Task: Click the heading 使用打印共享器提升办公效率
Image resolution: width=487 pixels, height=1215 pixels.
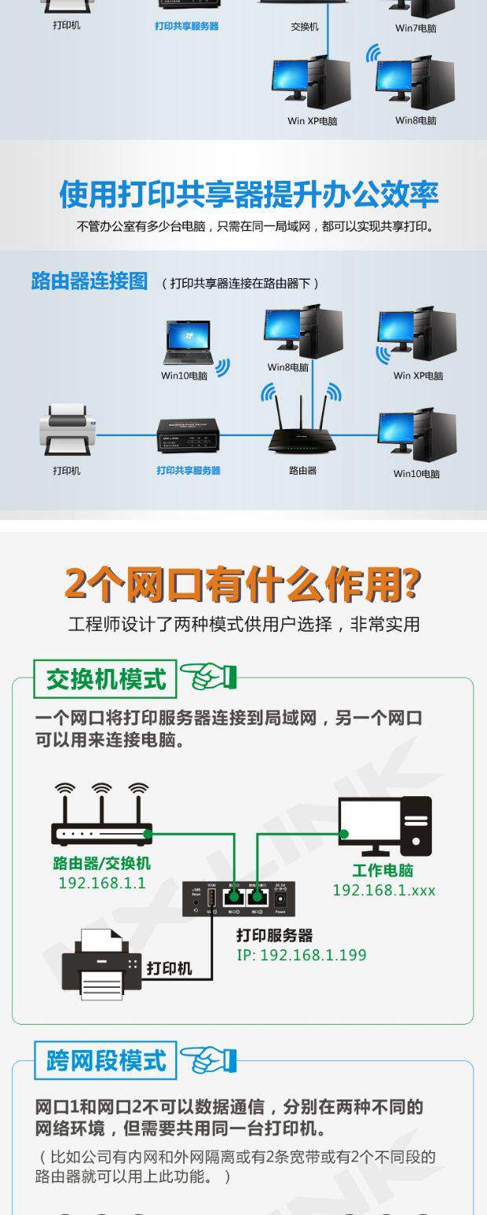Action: pyautogui.click(x=248, y=194)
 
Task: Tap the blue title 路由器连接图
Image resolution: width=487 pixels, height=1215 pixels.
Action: pyautogui.click(x=89, y=281)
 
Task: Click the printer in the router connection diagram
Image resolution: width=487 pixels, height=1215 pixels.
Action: pyautogui.click(x=68, y=430)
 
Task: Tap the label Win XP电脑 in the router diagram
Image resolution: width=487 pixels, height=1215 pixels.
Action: pyautogui.click(x=418, y=376)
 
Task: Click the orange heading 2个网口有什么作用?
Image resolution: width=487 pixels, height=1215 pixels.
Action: pyautogui.click(x=243, y=583)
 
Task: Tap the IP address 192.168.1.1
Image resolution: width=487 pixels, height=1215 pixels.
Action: pyautogui.click(x=102, y=883)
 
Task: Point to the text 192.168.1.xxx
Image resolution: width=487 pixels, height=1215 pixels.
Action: pyautogui.click(x=383, y=890)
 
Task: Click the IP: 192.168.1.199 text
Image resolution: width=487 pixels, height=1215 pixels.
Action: pyautogui.click(x=302, y=955)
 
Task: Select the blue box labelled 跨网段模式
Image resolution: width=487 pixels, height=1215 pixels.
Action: pyautogui.click(x=105, y=1060)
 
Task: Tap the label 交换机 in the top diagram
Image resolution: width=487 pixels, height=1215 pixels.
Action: pyautogui.click(x=304, y=27)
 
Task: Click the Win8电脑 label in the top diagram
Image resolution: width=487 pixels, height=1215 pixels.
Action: pyautogui.click(x=416, y=120)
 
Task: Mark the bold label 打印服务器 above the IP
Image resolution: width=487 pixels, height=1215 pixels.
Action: pyautogui.click(x=275, y=935)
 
